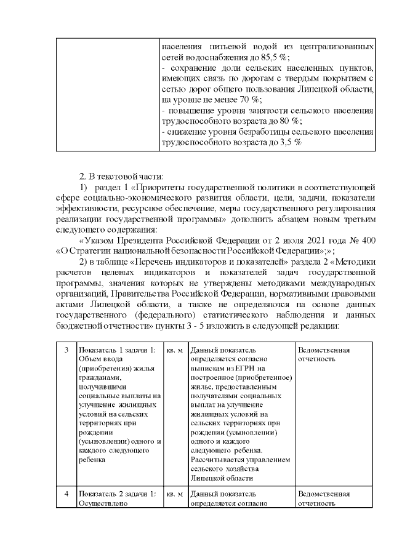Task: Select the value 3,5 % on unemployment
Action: (x=289, y=142)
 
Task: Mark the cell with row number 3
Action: (x=66, y=350)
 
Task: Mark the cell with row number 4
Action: (x=66, y=494)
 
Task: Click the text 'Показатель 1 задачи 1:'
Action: (x=117, y=350)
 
